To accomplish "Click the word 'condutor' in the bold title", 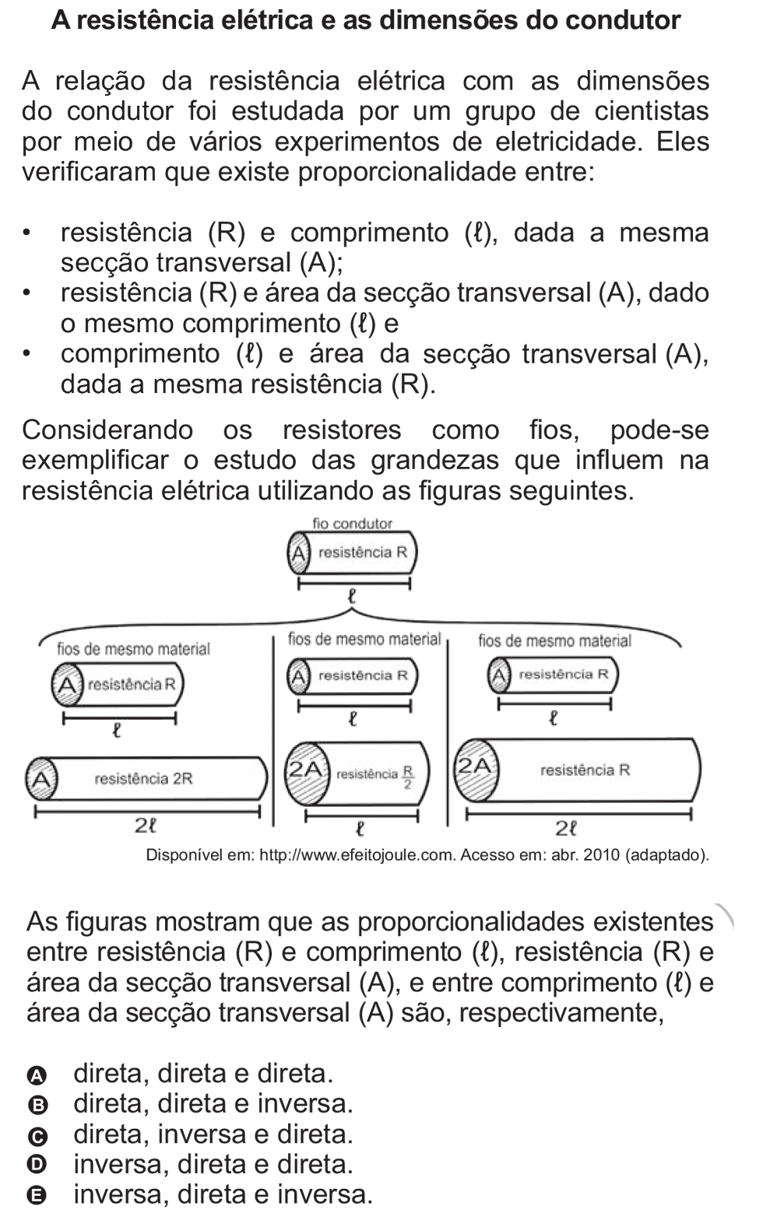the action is point(622,21).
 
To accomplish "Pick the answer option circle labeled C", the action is point(37,1137).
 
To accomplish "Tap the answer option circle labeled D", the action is point(37,1166).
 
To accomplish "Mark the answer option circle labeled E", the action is point(37,1197).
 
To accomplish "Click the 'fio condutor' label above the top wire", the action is point(352,524).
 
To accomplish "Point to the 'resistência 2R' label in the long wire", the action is point(144,779).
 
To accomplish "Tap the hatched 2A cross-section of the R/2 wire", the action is point(308,773).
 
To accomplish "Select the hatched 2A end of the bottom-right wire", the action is point(476,770).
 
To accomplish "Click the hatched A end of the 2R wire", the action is point(41,779).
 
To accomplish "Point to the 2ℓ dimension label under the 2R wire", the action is point(145,826).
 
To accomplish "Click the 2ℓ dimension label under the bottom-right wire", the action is point(566,829).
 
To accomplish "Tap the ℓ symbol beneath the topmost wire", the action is point(352,596).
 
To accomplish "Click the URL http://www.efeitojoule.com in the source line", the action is point(357,855).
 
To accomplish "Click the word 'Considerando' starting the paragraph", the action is point(107,430).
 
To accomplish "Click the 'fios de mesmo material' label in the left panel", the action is point(134,649).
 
